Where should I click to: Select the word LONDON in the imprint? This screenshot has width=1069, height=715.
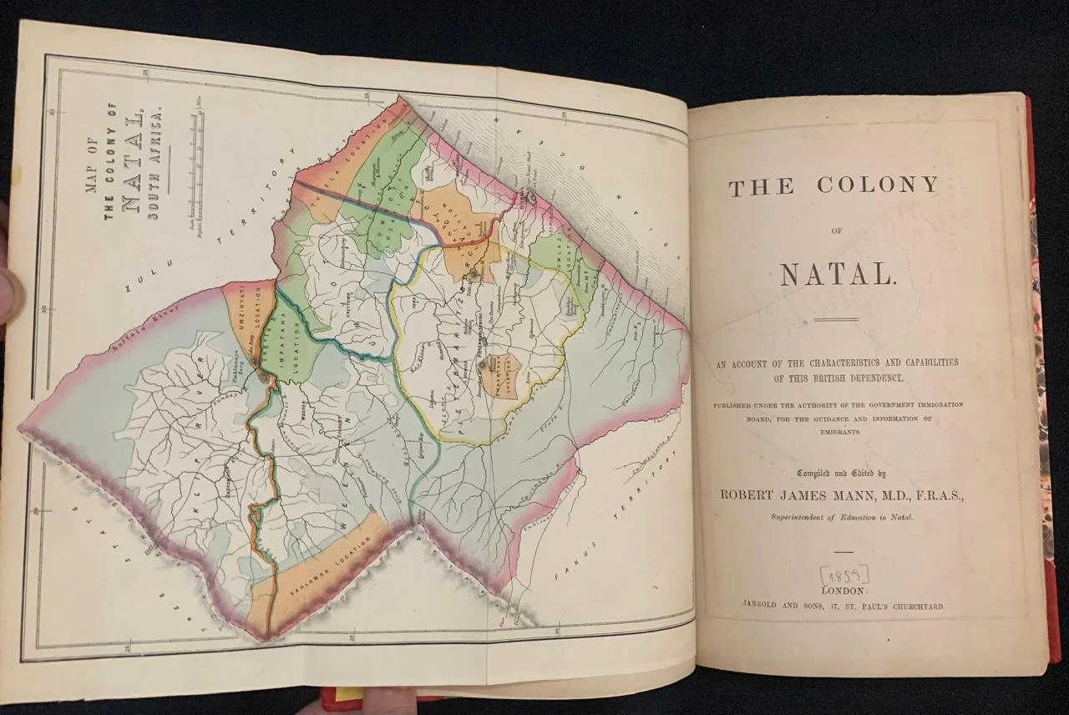pyautogui.click(x=844, y=591)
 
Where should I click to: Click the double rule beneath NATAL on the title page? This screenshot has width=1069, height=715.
pyautogui.click(x=836, y=319)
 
